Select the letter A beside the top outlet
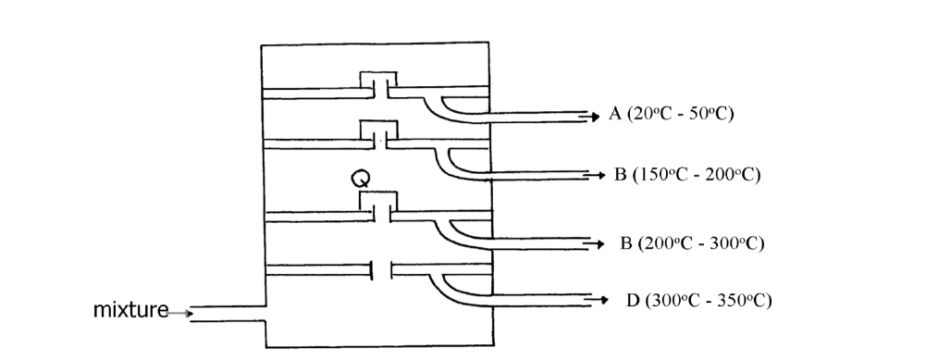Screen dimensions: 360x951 tap(614, 115)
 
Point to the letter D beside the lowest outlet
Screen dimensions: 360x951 tap(632, 300)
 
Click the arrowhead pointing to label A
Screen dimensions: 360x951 tap(594, 116)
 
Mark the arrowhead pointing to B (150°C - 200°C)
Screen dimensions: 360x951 tap(599, 175)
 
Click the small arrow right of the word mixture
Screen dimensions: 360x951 tap(187, 314)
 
